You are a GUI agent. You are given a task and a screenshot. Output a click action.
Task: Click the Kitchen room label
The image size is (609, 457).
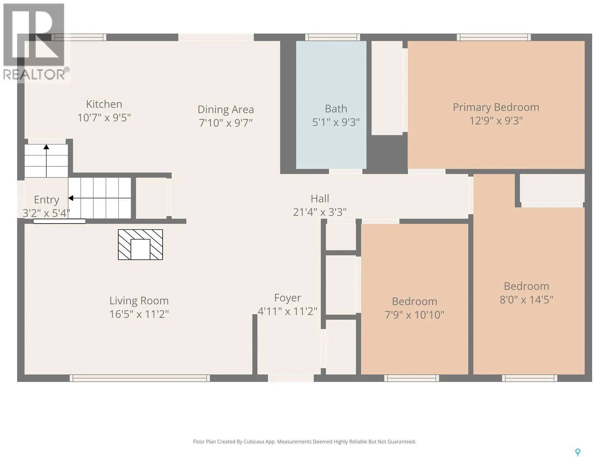pyautogui.click(x=104, y=104)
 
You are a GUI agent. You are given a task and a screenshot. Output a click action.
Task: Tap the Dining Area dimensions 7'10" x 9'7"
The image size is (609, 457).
pyautogui.click(x=226, y=123)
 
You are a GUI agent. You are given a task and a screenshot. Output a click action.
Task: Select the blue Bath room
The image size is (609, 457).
pyautogui.click(x=331, y=105)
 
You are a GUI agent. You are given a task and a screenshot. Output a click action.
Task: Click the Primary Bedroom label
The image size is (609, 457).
pyautogui.click(x=496, y=108)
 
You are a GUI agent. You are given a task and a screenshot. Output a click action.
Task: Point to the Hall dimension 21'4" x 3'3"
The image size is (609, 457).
pyautogui.click(x=320, y=212)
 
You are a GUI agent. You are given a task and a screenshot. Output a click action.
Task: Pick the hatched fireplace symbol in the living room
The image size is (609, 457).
pyautogui.click(x=140, y=244)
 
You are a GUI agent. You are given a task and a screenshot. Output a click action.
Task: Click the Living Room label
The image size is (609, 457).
pyautogui.click(x=139, y=301)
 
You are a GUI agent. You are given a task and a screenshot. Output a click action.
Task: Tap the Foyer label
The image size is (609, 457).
pyautogui.click(x=287, y=298)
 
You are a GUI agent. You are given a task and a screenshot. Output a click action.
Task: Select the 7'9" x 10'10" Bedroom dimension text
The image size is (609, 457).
pyautogui.click(x=415, y=315)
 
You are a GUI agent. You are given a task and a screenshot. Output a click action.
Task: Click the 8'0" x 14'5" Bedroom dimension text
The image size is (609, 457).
pyautogui.click(x=526, y=300)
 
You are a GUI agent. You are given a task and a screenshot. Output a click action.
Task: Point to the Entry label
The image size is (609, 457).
pyautogui.click(x=46, y=200)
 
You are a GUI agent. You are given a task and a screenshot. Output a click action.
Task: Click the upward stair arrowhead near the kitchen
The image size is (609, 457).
pyautogui.click(x=46, y=147)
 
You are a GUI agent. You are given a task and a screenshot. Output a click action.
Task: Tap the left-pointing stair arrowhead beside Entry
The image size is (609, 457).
pyautogui.click(x=71, y=198)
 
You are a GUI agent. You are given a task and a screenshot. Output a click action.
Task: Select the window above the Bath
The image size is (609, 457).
pyautogui.click(x=333, y=37)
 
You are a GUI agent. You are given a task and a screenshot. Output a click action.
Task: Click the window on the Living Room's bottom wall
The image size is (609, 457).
pyautogui.click(x=140, y=378)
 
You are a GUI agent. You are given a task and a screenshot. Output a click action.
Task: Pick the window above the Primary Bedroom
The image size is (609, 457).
pyautogui.click(x=494, y=37)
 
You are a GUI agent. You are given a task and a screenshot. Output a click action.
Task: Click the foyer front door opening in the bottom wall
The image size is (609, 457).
pyautogui.click(x=291, y=378)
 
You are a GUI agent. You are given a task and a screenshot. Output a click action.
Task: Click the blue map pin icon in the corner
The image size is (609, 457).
pyautogui.click(x=578, y=452)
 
